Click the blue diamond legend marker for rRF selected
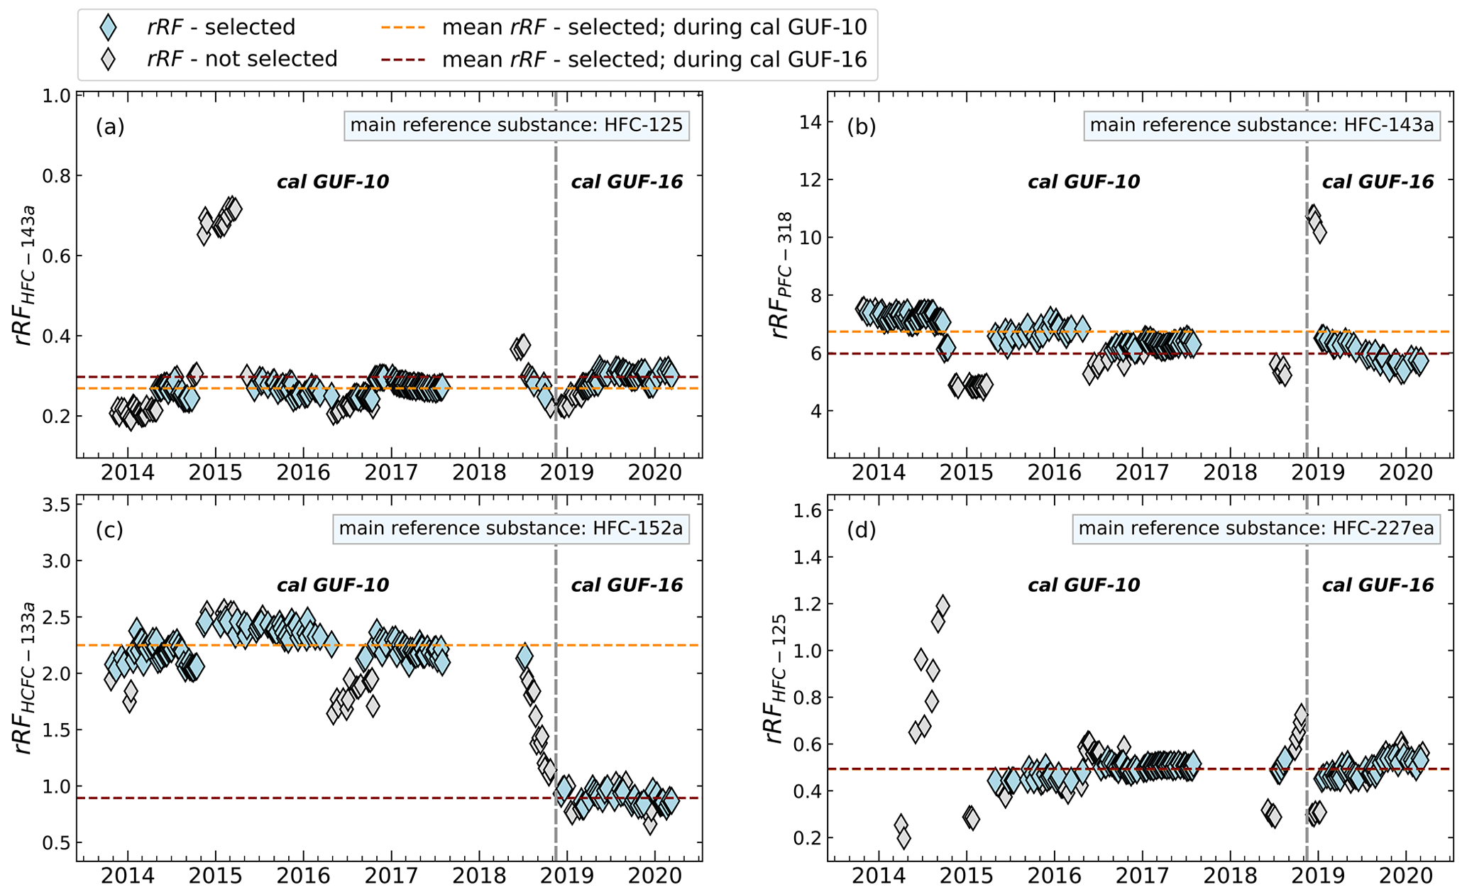[108, 27]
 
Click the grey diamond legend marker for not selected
[108, 59]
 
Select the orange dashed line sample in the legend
[402, 27]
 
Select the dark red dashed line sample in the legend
[402, 59]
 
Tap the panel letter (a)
[110, 127]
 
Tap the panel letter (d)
[861, 530]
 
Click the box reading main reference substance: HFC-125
[516, 126]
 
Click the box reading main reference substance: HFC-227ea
[1256, 529]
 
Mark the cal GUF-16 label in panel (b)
[1378, 182]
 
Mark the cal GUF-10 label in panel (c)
[332, 585]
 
